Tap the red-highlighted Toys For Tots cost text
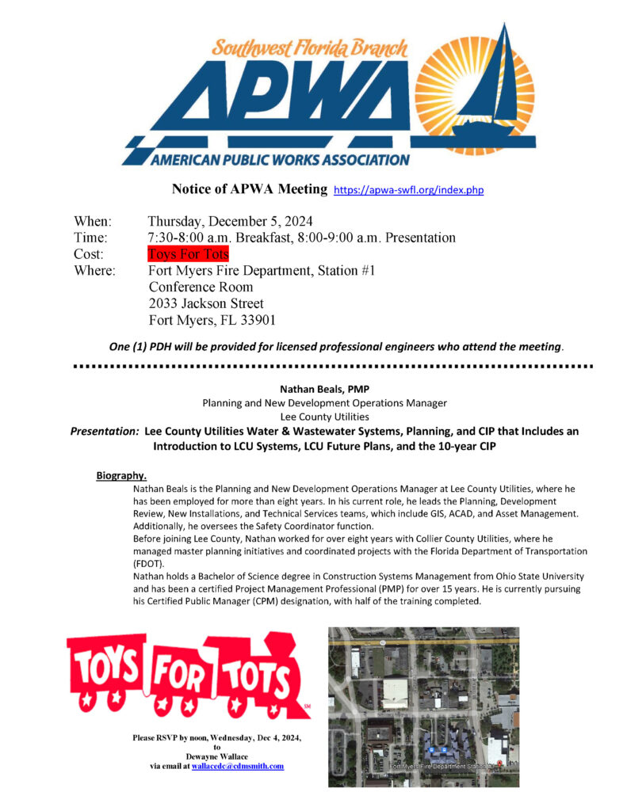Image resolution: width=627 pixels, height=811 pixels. (x=188, y=254)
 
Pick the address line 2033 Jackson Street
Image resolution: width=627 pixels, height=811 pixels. (x=206, y=303)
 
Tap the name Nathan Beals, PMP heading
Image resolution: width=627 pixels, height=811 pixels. (x=313, y=389)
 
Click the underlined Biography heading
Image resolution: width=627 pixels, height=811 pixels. (x=121, y=475)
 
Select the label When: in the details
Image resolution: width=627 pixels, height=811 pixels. (x=93, y=221)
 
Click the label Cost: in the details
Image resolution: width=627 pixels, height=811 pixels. (x=90, y=254)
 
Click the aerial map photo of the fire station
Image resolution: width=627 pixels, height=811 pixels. (x=423, y=706)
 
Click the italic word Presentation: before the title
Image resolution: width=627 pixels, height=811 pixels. (x=105, y=432)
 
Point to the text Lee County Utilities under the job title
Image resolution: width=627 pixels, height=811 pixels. (x=313, y=416)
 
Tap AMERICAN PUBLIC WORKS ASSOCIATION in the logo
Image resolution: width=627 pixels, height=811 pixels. (x=280, y=159)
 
